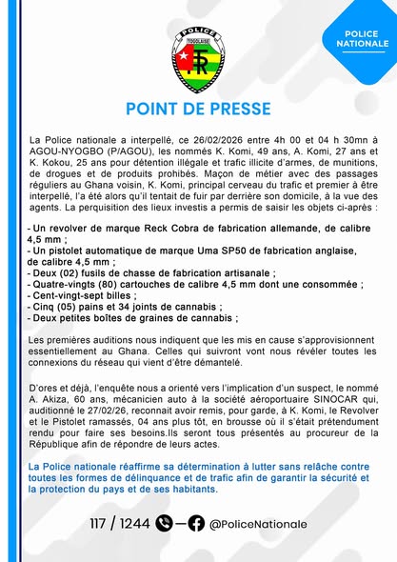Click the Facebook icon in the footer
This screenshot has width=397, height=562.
196,523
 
